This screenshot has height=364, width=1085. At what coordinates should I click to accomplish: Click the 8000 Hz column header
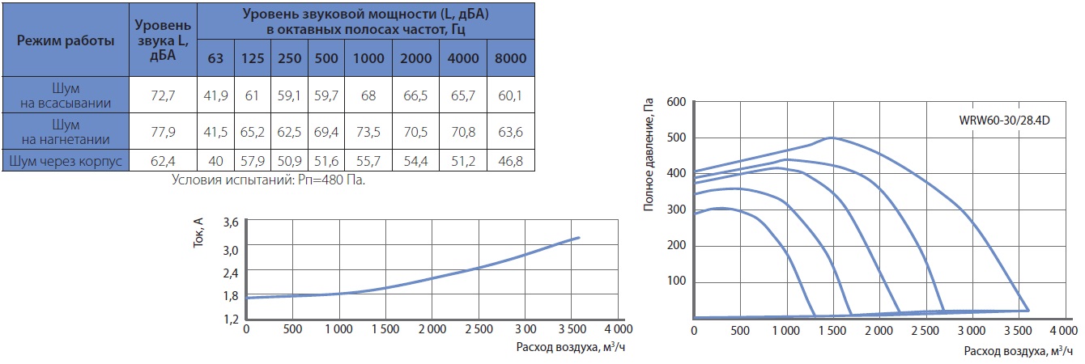(510, 57)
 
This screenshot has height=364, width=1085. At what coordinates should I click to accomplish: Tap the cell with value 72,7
(162, 95)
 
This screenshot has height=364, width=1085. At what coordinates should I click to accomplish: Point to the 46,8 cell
(510, 161)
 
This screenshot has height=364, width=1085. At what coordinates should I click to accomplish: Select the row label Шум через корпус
(66, 161)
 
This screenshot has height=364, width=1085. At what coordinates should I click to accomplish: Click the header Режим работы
(66, 40)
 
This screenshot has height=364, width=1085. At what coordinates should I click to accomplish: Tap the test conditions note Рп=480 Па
(269, 179)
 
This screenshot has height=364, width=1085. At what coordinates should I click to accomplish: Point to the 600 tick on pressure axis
(676, 102)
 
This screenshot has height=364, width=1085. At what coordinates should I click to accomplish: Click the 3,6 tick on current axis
(230, 222)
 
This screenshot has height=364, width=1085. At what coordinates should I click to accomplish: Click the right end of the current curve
(579, 237)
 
